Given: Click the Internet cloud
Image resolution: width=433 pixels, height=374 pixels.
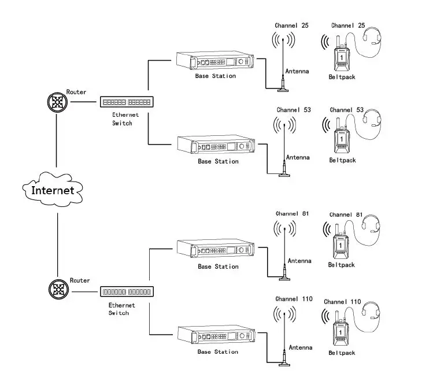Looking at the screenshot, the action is [x=53, y=190].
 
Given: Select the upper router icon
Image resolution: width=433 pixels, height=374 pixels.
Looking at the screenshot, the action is [x=57, y=102].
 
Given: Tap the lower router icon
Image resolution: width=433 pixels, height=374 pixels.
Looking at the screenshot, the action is [x=58, y=289].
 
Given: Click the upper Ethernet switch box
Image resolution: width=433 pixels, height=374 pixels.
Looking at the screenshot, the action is [x=127, y=102].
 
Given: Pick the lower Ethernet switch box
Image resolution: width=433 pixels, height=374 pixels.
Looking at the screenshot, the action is [x=127, y=292].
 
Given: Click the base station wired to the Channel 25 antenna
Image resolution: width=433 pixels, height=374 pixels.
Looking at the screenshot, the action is [x=215, y=61].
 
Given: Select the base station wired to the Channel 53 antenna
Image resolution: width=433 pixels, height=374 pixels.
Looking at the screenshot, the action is [x=216, y=145].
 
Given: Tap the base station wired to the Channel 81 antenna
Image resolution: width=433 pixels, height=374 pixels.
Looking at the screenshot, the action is [x=216, y=249].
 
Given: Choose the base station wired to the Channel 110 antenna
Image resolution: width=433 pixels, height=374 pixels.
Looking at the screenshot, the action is [x=216, y=335].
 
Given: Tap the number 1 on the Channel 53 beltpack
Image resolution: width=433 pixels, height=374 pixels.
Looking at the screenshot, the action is [x=342, y=139].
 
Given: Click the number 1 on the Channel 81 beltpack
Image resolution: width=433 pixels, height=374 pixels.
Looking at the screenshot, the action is [x=341, y=245].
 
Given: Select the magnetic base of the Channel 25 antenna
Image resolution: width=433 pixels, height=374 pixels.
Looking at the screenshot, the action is [x=283, y=90].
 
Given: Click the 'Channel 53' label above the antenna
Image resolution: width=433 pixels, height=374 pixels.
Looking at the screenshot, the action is [x=294, y=110].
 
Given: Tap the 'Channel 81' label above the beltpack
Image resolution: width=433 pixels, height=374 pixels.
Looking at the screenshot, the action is [x=346, y=214].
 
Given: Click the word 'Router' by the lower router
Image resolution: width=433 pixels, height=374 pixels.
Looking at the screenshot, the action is [x=80, y=280].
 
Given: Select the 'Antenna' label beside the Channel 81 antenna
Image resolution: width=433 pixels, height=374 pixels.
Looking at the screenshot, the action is [x=299, y=261].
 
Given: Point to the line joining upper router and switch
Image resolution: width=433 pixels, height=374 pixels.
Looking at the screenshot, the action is [x=83, y=102].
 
